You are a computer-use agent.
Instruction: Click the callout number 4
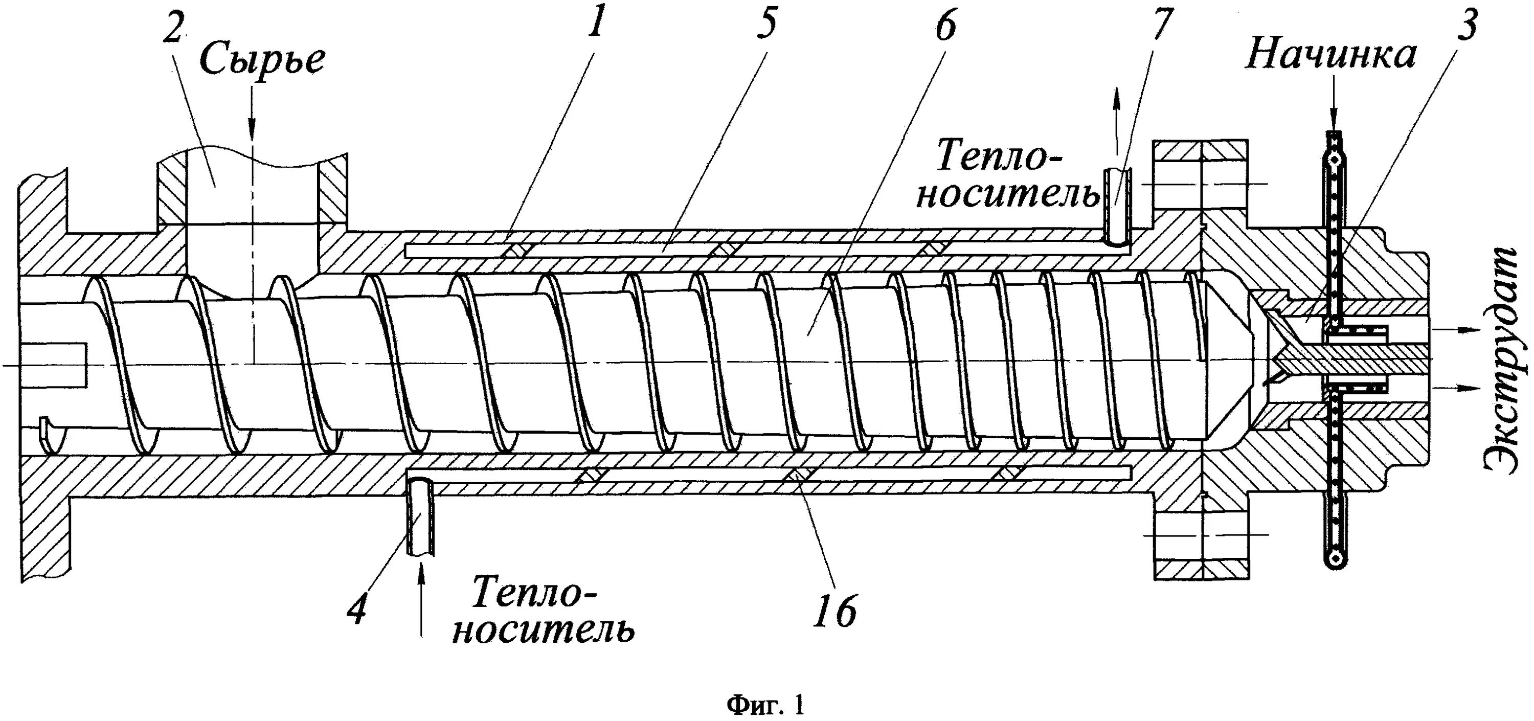[357, 607]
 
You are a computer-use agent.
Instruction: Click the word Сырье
[262, 59]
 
